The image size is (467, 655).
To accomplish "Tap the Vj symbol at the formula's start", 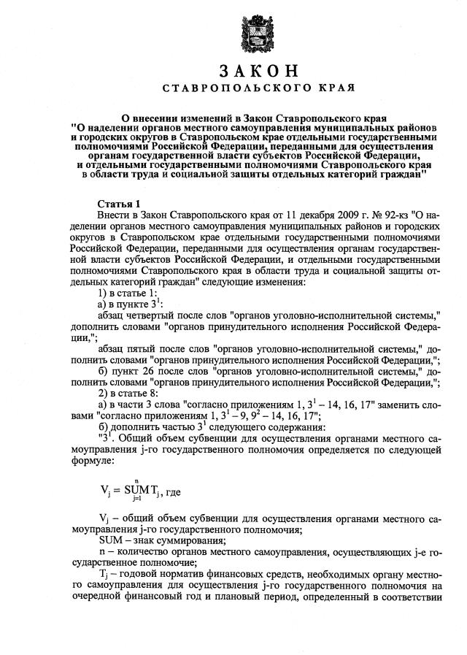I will [106, 493].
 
